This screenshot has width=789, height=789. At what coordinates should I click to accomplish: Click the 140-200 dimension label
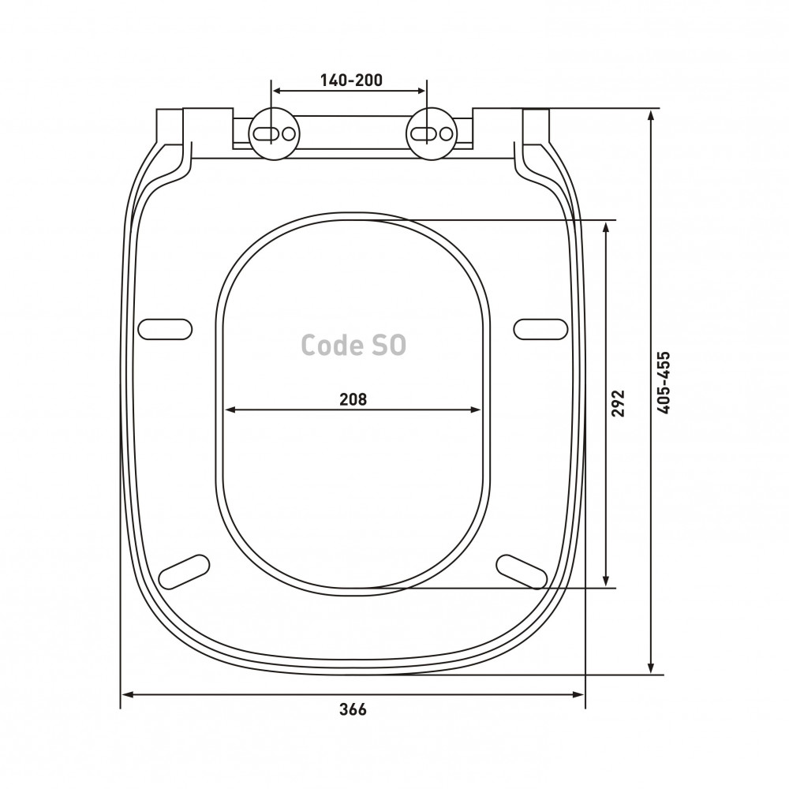(351, 80)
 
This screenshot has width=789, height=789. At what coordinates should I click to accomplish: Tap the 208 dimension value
(353, 399)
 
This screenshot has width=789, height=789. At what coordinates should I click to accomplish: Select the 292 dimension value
(618, 403)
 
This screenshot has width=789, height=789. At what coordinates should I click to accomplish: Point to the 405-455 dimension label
(664, 383)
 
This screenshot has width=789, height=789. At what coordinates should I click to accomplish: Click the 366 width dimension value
(353, 709)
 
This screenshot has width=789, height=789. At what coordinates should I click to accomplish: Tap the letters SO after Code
(389, 346)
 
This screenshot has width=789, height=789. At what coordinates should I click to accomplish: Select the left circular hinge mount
(275, 134)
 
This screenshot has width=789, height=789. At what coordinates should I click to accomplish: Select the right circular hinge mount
(432, 134)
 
